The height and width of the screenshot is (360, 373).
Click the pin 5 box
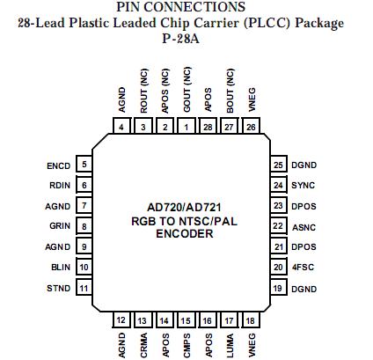[84, 165]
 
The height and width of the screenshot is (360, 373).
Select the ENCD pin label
[58, 165]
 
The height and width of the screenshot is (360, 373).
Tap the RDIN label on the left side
[60, 185]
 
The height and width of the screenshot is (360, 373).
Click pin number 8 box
[84, 226]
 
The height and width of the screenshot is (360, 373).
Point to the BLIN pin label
[60, 268]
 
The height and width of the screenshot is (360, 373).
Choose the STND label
[59, 289]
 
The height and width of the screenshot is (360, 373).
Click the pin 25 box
[278, 165]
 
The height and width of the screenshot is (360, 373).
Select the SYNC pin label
[304, 185]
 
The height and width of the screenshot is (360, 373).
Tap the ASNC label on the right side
[304, 226]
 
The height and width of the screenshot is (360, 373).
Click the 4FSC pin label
[304, 268]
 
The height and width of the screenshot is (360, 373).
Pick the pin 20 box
[278, 268]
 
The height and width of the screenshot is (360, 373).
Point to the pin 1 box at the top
[186, 128]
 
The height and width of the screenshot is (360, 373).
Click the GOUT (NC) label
[186, 90]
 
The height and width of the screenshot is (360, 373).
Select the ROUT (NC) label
[143, 90]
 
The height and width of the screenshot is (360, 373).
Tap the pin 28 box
[208, 128]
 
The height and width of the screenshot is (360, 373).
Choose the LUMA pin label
[229, 342]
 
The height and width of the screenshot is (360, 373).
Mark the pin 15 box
[186, 320]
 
